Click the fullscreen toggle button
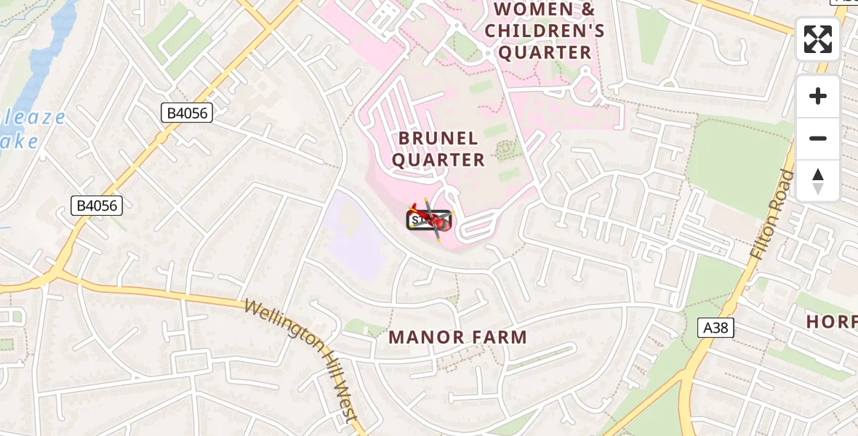[818, 39]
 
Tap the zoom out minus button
[818, 138]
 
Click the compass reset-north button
[818, 181]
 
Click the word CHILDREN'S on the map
[545, 31]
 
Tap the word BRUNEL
[438, 138]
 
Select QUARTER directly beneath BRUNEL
[438, 160]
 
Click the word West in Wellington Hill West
[345, 403]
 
